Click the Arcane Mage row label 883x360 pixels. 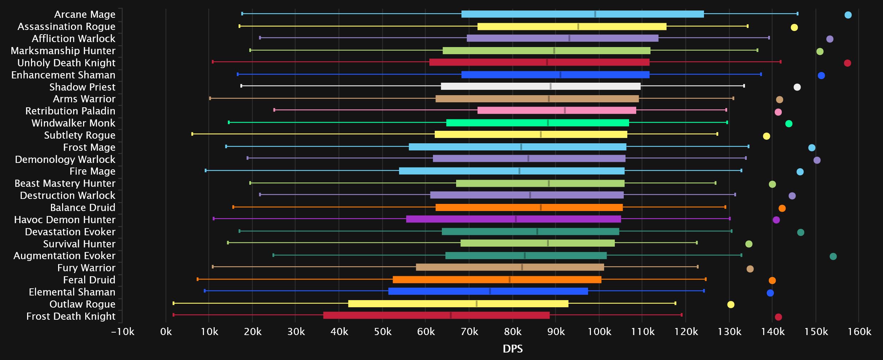[x=85, y=14]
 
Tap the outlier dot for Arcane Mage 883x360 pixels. [x=848, y=15]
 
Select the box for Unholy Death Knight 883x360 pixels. [x=539, y=62]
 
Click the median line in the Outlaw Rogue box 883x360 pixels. [x=476, y=304]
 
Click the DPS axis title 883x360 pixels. [x=512, y=349]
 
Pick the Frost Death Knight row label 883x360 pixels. [x=71, y=316]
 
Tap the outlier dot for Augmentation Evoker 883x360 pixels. [x=833, y=256]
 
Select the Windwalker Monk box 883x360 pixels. [x=537, y=123]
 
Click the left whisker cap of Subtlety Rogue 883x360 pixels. [x=192, y=134]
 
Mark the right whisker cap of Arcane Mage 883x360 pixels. [x=797, y=14]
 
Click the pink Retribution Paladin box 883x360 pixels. [x=557, y=110]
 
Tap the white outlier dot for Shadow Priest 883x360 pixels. [x=797, y=87]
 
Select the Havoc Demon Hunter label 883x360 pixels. [x=65, y=220]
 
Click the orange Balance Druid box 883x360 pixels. [x=529, y=207]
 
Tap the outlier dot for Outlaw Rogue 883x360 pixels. [x=731, y=304]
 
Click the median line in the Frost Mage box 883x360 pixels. [x=521, y=147]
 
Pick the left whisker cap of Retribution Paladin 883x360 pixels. [x=274, y=110]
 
